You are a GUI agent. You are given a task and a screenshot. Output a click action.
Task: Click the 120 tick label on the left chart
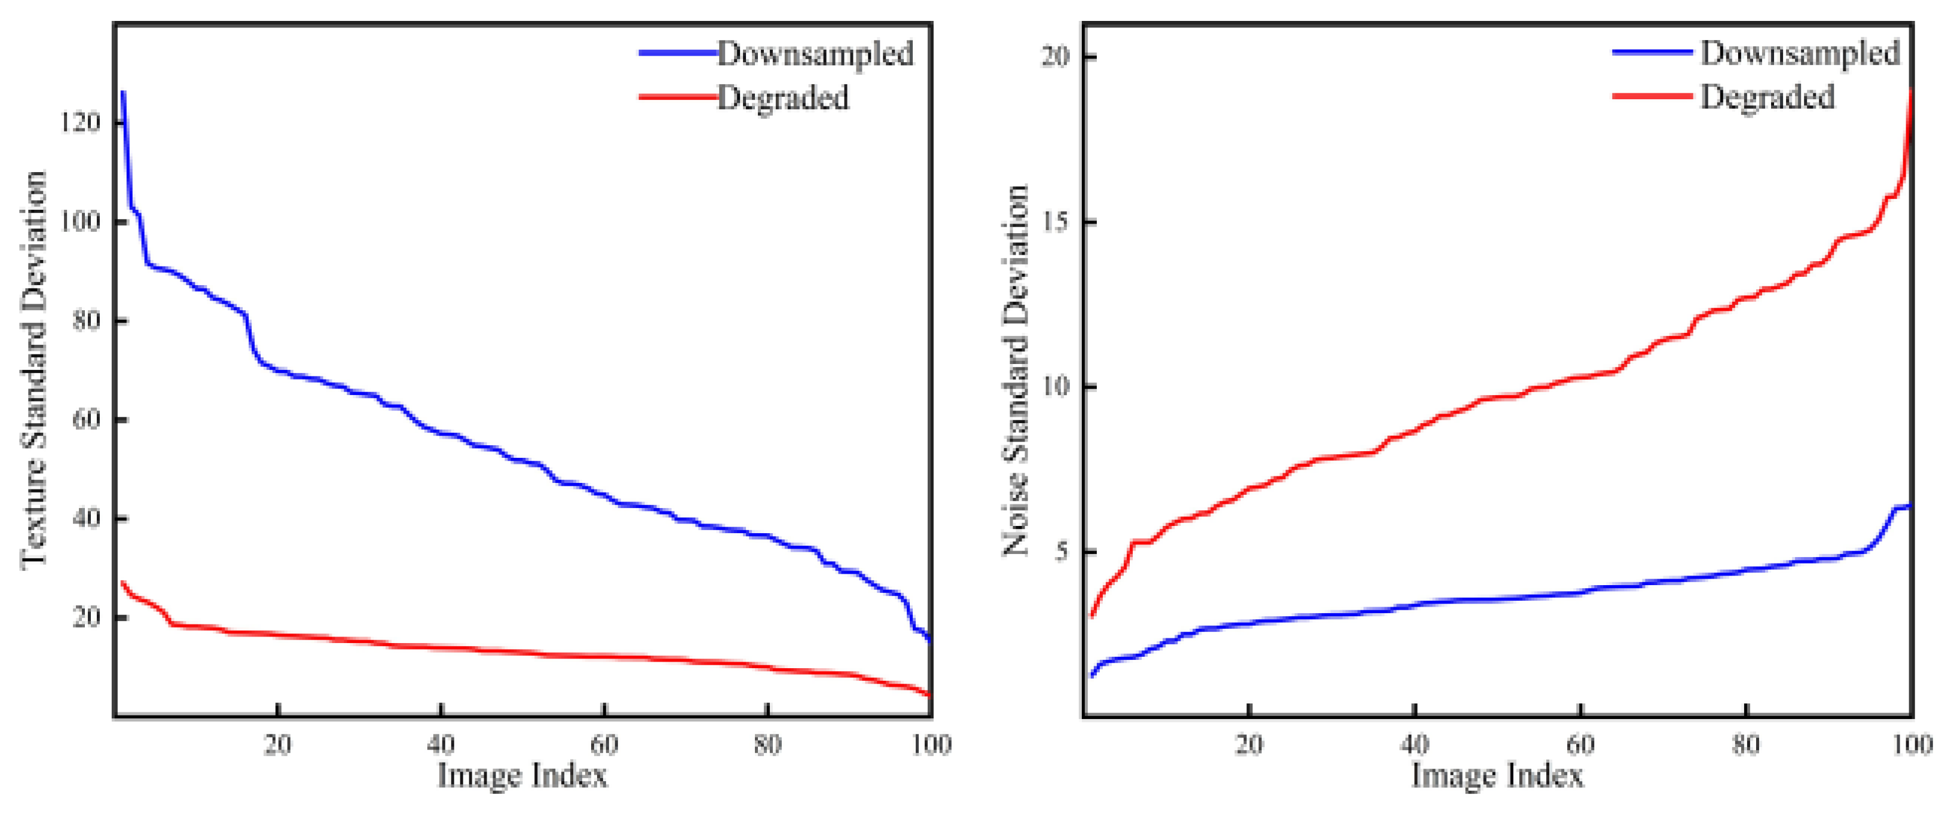(x=79, y=123)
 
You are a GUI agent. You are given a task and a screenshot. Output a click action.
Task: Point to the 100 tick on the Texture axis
(x=79, y=222)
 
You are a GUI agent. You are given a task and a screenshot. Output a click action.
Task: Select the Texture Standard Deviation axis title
(x=34, y=369)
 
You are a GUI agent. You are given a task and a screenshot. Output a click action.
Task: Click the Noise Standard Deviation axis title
(x=1016, y=369)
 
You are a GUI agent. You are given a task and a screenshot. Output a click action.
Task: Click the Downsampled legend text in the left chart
(x=815, y=54)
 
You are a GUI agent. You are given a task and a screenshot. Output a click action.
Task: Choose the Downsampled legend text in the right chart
(x=1800, y=53)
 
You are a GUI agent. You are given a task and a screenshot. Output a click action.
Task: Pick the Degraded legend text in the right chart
(x=1767, y=97)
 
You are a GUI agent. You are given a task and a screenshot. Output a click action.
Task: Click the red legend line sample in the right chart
(x=1652, y=96)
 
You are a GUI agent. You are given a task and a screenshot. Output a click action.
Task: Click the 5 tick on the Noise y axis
(x=1064, y=552)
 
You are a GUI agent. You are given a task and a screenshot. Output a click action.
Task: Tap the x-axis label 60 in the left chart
(x=604, y=745)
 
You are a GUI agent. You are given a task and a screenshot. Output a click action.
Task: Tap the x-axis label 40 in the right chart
(x=1414, y=745)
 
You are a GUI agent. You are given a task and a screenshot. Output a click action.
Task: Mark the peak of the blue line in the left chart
(x=123, y=92)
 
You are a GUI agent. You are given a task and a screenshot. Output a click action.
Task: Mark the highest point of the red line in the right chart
(x=1911, y=91)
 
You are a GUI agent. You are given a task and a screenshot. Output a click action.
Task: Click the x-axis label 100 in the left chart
(x=931, y=745)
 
